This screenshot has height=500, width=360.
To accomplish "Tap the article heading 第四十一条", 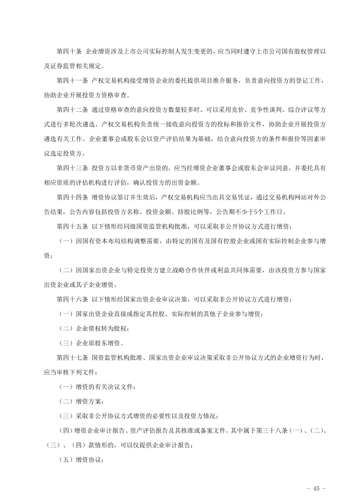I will click(x=71, y=80).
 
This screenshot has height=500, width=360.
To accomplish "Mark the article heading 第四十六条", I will click(x=71, y=299).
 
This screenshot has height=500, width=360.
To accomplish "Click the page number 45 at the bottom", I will click(x=315, y=488).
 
